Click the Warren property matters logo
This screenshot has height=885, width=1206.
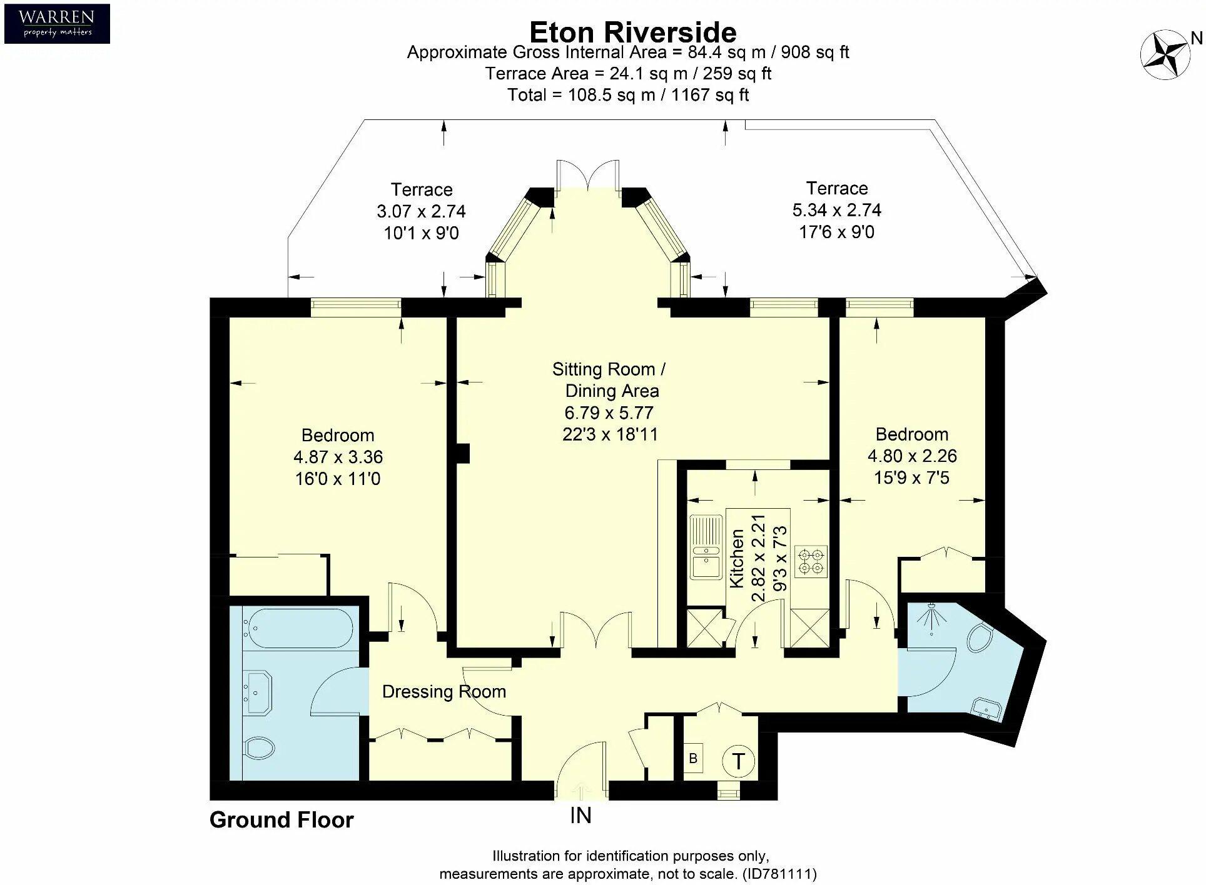click(57, 24)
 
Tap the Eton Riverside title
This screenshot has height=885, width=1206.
click(632, 32)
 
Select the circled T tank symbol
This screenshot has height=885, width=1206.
click(738, 761)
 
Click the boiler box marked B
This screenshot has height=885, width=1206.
click(693, 758)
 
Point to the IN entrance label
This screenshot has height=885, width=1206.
click(580, 816)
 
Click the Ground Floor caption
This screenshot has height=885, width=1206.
click(281, 820)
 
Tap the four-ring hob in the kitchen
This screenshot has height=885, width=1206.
click(811, 561)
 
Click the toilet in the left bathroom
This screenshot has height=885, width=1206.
click(259, 747)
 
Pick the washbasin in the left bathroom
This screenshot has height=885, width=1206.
click(258, 692)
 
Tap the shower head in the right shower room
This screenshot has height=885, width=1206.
click(931, 619)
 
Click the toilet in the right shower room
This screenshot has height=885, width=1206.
click(980, 638)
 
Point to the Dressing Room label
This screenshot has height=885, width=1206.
click(444, 691)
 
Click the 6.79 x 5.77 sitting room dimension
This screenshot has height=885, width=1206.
click(609, 412)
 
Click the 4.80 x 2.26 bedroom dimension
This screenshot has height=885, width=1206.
click(912, 456)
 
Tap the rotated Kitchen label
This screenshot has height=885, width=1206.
click(737, 558)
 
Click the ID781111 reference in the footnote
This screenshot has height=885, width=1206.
click(779, 873)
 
